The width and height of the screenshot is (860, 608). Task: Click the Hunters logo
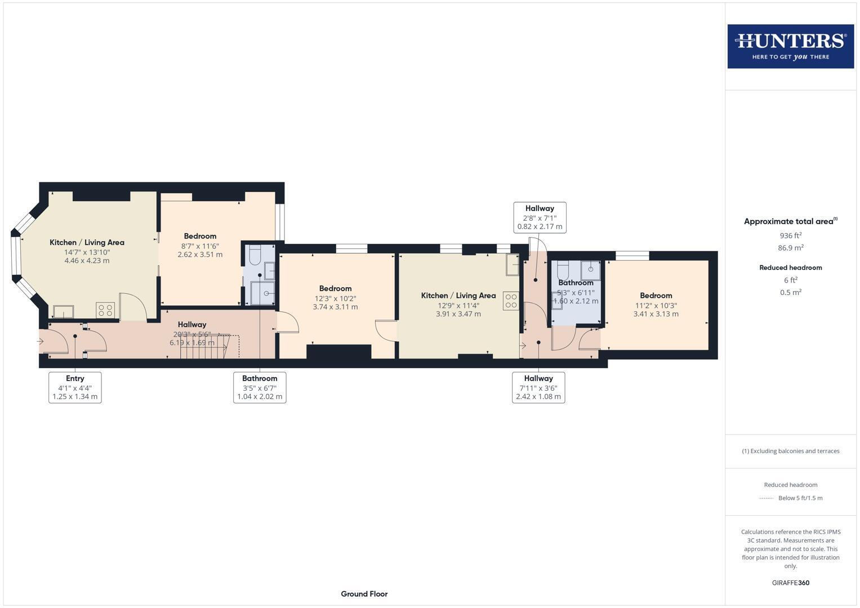coord(790,46)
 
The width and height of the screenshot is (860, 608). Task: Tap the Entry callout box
coord(75,387)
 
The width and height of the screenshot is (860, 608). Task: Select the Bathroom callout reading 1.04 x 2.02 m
coord(260,387)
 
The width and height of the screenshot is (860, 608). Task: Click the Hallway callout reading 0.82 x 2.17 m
coord(540,217)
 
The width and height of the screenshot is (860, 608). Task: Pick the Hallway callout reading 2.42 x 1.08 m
coord(538,387)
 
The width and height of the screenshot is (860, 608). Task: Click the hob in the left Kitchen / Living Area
coord(105,310)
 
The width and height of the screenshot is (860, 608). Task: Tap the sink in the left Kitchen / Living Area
coord(64,311)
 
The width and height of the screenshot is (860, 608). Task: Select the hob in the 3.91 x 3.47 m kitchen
coord(511,301)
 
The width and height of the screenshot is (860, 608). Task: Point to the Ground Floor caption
coord(364,593)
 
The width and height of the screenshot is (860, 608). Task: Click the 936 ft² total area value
coord(790,235)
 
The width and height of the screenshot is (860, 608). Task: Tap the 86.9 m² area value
coord(790,248)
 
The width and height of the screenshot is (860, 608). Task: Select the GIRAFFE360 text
coord(790,583)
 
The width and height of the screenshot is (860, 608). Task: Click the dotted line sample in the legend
coord(766,498)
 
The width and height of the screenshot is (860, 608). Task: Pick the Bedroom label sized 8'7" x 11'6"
coord(200,236)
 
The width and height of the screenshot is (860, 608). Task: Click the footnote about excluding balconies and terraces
coord(790,451)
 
